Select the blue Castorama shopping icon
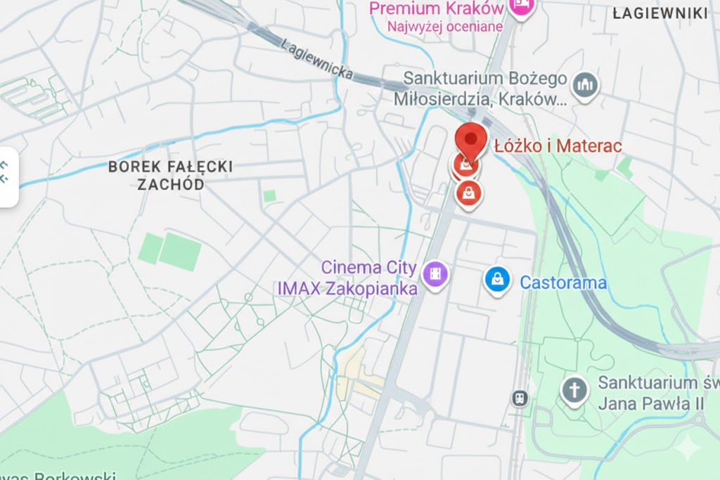(x=497, y=280)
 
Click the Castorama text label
(x=563, y=283)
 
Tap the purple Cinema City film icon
(x=437, y=273)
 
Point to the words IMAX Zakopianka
(x=347, y=288)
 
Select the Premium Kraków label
(x=436, y=8)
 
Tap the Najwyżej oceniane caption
(x=444, y=27)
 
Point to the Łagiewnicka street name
(x=316, y=57)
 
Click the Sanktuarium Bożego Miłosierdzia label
(x=485, y=88)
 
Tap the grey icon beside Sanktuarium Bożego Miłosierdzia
(x=584, y=86)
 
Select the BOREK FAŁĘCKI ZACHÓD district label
(x=171, y=176)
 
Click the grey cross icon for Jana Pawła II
(x=574, y=390)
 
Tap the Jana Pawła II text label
(x=650, y=404)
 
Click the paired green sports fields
(x=170, y=251)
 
